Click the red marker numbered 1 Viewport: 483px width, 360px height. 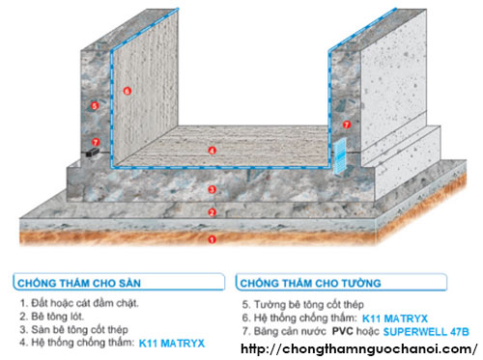click(x=212, y=239)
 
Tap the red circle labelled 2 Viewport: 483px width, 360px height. click(x=212, y=212)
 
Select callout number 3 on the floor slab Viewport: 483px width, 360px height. click(x=212, y=189)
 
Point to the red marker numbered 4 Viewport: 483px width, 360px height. click(x=212, y=151)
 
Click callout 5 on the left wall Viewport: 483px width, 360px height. click(x=95, y=106)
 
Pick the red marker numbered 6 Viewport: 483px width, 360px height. click(x=128, y=91)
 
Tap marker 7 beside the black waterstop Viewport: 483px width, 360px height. click(x=96, y=142)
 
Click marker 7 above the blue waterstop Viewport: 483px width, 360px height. click(x=347, y=125)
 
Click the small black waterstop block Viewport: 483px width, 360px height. click(x=93, y=152)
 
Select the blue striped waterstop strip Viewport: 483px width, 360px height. click(x=340, y=156)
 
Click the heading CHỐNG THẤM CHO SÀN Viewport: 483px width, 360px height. click(x=79, y=283)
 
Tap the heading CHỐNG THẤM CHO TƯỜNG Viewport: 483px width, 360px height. click(x=311, y=283)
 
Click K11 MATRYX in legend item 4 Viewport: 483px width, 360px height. click(x=172, y=344)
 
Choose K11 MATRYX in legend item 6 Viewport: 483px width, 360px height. click(x=395, y=318)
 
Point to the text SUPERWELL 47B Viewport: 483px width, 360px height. click(x=426, y=332)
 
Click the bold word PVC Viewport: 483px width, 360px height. click(x=343, y=331)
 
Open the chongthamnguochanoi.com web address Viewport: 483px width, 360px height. click(x=359, y=348)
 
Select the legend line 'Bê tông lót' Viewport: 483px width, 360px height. click(x=51, y=317)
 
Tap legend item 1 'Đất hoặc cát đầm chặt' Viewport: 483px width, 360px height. click(x=79, y=303)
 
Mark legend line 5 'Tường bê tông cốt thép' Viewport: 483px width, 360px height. click(x=303, y=304)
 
